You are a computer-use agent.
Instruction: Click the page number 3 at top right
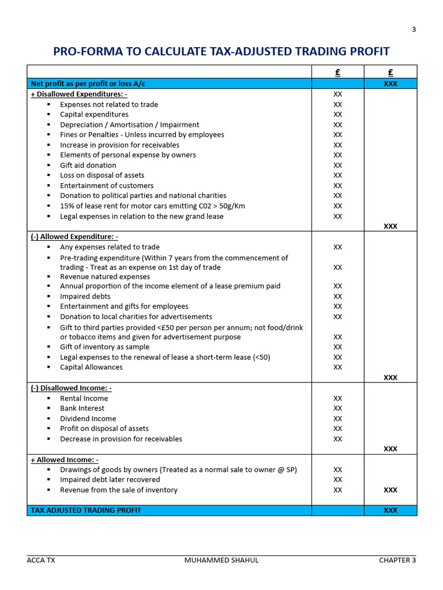click(414, 30)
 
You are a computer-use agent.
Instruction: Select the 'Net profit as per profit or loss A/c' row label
click(88, 84)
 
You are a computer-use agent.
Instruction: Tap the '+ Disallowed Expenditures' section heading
click(79, 94)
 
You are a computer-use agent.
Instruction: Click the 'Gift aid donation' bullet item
click(88, 165)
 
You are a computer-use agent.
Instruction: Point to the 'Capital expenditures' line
click(94, 115)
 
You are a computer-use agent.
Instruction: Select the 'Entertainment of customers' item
click(107, 186)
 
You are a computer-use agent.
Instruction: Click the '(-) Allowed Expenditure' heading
click(74, 237)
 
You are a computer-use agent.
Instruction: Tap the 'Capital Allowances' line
click(91, 367)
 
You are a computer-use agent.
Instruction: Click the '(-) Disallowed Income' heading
click(71, 388)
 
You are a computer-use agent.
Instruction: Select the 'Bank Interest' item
click(82, 409)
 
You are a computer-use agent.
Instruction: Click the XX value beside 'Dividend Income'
click(337, 419)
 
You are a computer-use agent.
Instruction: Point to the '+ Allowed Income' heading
click(65, 460)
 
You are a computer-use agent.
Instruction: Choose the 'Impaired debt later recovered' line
click(110, 479)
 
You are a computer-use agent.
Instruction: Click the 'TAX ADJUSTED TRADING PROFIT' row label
click(86, 510)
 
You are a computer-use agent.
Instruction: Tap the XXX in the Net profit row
click(390, 84)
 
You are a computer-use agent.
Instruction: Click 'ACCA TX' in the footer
click(41, 560)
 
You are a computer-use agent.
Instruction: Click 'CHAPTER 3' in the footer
click(397, 560)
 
